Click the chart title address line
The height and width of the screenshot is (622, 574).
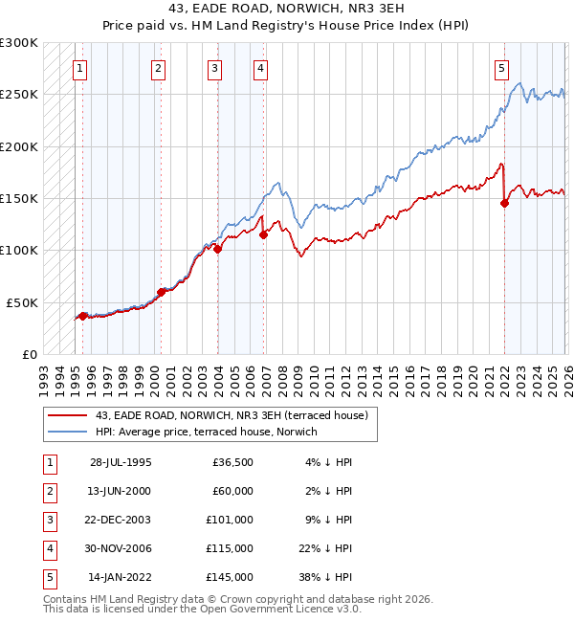coord(286,10)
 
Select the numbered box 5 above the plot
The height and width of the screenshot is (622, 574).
coord(501,68)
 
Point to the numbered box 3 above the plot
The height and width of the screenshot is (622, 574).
coord(214,68)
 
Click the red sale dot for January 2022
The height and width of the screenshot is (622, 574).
coord(504,203)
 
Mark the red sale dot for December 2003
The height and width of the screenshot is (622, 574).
coord(218,249)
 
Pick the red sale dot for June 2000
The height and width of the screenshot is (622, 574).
coord(161,292)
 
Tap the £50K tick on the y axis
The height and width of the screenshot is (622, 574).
coord(22,301)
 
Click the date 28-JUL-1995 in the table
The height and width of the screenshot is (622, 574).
coord(121,462)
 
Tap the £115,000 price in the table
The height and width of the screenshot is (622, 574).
coord(230,548)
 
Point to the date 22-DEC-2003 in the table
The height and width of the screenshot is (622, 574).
coord(120,520)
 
